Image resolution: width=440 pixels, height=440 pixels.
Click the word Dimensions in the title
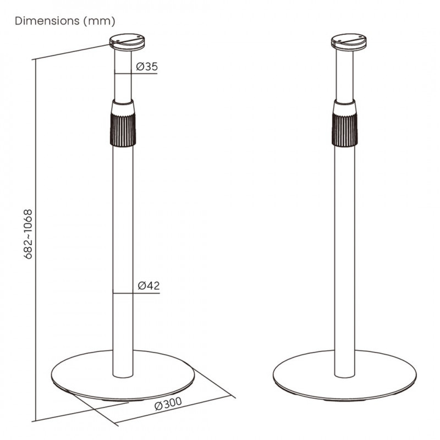47,21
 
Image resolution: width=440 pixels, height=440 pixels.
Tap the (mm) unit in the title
100,21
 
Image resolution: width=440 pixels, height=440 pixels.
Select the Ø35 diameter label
147,67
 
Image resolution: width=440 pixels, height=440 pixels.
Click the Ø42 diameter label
148,285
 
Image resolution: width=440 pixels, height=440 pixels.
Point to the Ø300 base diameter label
168,403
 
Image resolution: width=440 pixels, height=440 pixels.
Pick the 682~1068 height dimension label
29,234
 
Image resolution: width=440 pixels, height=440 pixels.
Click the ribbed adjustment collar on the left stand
123,130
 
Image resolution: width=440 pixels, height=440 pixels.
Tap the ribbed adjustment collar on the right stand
345,130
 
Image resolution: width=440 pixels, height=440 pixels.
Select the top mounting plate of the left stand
127,42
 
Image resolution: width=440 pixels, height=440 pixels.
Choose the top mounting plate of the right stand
349,42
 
